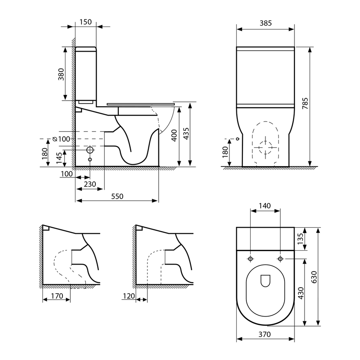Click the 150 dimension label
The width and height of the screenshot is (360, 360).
pos(85,22)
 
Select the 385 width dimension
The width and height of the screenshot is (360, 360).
pos(265,23)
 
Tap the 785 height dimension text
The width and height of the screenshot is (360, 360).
pos(305,103)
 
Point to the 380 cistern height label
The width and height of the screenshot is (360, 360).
pos(61,74)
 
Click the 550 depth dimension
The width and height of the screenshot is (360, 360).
pos(117,196)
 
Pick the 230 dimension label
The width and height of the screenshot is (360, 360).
pos(90,184)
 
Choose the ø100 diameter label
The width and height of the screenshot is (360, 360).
pos(61,139)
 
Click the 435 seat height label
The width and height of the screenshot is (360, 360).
pos(186,134)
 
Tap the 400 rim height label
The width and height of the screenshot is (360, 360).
pos(174,135)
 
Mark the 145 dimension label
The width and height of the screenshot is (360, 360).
pos(59,158)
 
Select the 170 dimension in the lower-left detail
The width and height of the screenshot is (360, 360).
pos(57,296)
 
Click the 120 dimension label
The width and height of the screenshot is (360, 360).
pos(129,296)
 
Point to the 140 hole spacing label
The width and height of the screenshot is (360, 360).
pos(265,206)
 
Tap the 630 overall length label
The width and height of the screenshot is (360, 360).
pos(314,277)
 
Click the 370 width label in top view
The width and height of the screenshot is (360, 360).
pos(265,334)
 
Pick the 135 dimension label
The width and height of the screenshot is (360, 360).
pos(300,239)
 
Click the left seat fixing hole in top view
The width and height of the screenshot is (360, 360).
pos(251,259)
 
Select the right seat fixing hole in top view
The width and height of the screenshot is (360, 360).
pos(280,259)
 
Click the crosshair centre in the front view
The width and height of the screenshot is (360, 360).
pos(265,147)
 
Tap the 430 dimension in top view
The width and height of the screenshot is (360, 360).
pos(301,293)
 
